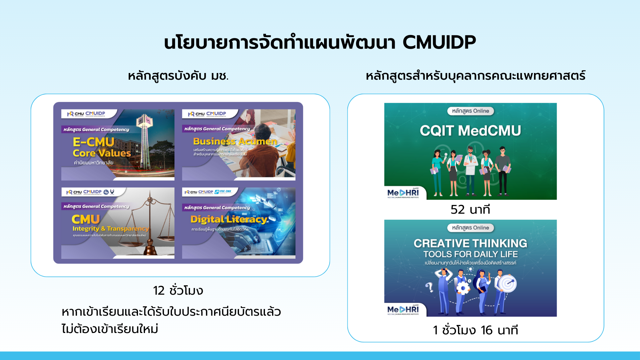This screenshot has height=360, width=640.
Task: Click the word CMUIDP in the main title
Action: click(439, 43)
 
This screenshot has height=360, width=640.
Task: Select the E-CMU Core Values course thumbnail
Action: click(118, 145)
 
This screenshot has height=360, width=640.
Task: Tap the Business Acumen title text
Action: click(235, 141)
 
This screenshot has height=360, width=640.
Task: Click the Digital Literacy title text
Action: click(229, 219)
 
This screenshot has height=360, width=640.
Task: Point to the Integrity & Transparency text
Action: click(110, 229)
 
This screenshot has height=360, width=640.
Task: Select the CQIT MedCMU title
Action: click(470, 131)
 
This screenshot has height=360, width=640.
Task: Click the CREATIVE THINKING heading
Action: click(470, 243)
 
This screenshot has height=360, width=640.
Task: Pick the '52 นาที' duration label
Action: click(470, 209)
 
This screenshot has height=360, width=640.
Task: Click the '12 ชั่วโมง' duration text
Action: click(178, 290)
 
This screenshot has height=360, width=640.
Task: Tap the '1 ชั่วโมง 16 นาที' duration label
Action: click(475, 330)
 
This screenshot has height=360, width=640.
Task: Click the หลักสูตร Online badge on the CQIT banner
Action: click(470, 111)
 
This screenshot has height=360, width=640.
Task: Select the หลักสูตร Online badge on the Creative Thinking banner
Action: click(470, 228)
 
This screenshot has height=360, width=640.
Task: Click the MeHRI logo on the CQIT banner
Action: click(403, 193)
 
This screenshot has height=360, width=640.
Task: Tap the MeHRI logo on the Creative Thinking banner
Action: click(403, 310)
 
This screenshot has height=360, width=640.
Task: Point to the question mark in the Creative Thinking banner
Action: click(429, 287)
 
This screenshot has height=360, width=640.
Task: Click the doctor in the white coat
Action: click(470, 168)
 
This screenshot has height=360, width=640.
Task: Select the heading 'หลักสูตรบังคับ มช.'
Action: click(178, 76)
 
